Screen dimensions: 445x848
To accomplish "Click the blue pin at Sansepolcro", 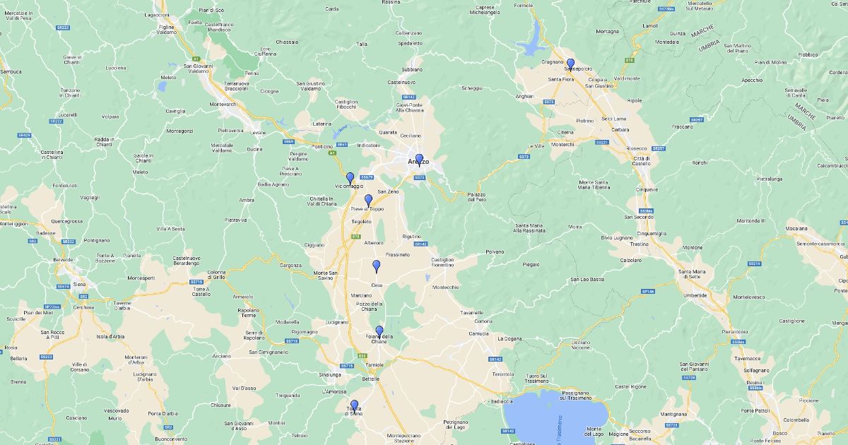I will tap(570, 64).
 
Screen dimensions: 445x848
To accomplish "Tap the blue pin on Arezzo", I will tap(419, 159).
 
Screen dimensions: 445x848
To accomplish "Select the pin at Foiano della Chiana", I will tap(379, 331).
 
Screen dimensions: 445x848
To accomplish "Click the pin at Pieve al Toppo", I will tap(368, 200).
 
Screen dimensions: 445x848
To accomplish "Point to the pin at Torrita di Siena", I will tap(354, 405).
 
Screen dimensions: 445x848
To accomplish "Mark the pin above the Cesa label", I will tap(377, 266).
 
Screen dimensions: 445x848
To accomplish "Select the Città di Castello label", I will tap(642, 161).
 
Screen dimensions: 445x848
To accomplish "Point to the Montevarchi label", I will tap(223, 105).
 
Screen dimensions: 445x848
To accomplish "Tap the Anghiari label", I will tap(524, 96).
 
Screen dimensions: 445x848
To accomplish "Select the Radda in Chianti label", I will tap(104, 142).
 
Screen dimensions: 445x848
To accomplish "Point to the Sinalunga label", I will tap(331, 374).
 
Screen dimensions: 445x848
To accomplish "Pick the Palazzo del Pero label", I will tap(476, 197).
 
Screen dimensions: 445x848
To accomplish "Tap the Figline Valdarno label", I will tap(166, 30).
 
